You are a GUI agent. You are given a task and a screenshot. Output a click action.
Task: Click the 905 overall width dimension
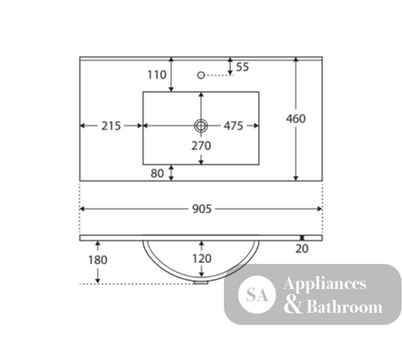[202, 209]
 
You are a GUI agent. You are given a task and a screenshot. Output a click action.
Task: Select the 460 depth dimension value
[295, 119]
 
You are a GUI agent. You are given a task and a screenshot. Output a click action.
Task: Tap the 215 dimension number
[111, 126]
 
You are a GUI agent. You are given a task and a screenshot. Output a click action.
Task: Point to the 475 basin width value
[233, 126]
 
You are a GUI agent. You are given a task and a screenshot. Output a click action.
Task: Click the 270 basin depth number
[201, 146]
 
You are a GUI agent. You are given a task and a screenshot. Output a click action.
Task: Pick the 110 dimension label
[156, 75]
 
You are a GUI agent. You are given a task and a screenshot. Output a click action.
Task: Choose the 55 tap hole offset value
[242, 67]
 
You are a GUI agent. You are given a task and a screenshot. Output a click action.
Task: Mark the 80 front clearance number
[157, 174]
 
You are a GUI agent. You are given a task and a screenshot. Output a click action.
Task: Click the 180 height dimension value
[98, 260]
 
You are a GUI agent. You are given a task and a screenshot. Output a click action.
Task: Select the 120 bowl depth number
[202, 259]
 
